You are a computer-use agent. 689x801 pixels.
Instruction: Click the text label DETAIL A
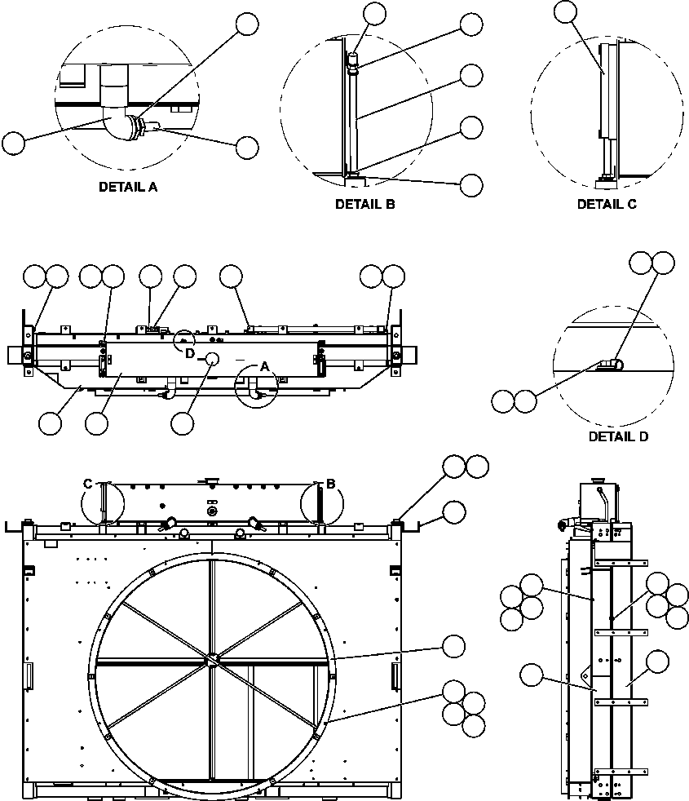click(x=127, y=187)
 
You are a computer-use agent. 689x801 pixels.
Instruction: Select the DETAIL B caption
click(x=364, y=205)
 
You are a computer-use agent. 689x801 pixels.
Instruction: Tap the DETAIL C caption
click(x=607, y=205)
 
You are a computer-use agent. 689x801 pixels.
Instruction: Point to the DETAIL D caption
click(x=618, y=436)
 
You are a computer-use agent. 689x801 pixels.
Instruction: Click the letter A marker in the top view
click(x=263, y=368)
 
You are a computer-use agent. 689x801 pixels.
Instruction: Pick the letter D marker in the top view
click(x=189, y=354)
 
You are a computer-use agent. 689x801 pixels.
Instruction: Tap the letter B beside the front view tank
click(x=330, y=485)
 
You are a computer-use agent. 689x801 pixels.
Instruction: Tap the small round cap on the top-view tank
click(x=214, y=360)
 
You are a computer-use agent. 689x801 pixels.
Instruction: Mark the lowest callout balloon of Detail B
click(x=471, y=185)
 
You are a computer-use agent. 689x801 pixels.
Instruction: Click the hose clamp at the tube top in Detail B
click(x=353, y=70)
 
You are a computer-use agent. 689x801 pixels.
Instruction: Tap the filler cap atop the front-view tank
click(x=210, y=481)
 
